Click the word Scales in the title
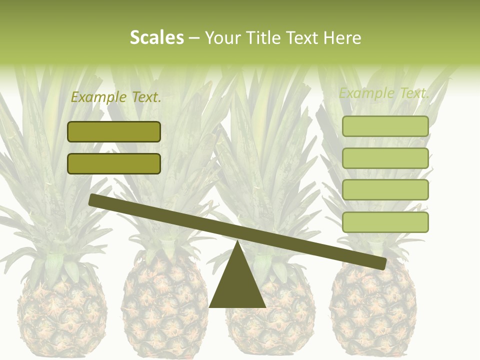point(157,38)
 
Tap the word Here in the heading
point(341,38)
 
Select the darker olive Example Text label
point(116,97)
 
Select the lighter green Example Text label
point(384,93)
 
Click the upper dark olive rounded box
point(114,131)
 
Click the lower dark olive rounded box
point(114,163)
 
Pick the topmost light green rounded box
point(385,126)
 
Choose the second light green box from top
point(385,158)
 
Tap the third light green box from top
point(385,189)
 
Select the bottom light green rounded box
point(385,222)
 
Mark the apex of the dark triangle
point(238,242)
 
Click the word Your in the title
point(220,38)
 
